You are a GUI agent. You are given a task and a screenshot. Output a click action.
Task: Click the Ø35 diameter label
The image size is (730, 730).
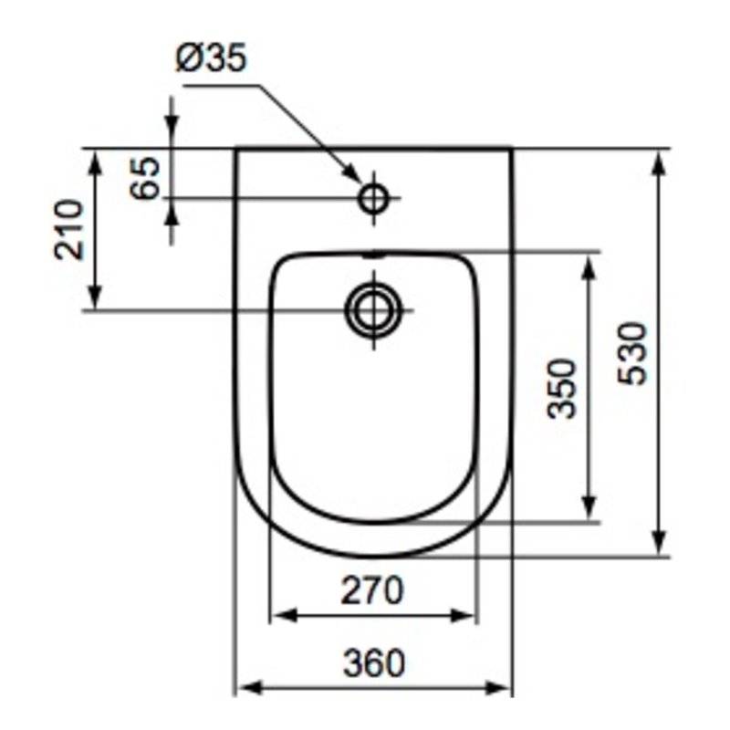(x=211, y=58)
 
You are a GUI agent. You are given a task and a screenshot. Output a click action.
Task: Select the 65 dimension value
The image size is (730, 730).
(x=144, y=178)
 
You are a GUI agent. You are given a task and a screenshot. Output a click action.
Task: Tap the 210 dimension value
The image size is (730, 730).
(x=69, y=229)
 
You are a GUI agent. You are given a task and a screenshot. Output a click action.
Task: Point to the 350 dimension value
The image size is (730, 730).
(x=562, y=389)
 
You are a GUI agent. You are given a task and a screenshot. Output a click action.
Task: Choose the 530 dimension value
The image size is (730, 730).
(x=632, y=353)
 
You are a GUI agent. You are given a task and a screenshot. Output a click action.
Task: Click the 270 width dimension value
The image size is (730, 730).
(x=372, y=589)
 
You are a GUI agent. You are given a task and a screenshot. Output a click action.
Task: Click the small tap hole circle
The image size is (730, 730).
(x=373, y=198)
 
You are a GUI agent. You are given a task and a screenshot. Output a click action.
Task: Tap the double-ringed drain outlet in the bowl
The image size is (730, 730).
(x=373, y=309)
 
